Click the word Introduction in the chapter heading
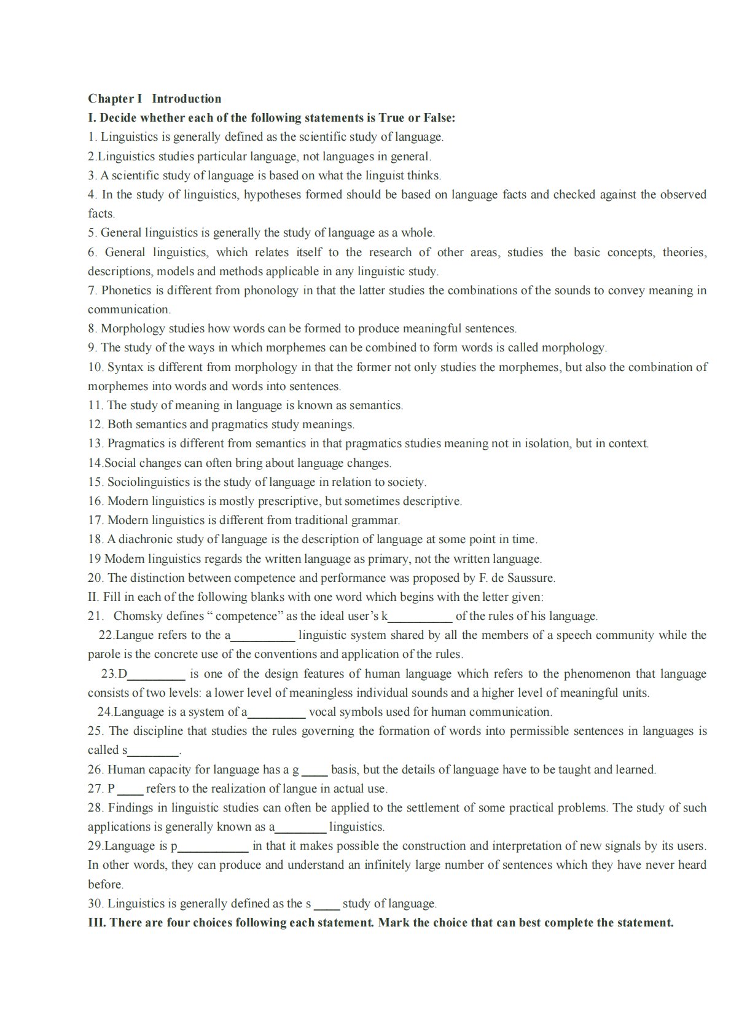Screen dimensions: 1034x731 186,99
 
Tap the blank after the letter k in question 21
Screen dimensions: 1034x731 421,616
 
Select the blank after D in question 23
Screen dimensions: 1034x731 156,674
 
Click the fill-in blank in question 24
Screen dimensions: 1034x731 276,713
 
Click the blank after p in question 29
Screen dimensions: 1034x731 213,847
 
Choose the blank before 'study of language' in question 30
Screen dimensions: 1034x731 326,904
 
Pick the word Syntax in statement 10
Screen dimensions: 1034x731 125,367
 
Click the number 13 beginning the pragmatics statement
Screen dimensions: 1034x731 95,444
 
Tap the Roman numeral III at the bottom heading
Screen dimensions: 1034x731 97,923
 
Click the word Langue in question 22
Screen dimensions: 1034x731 133,635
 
